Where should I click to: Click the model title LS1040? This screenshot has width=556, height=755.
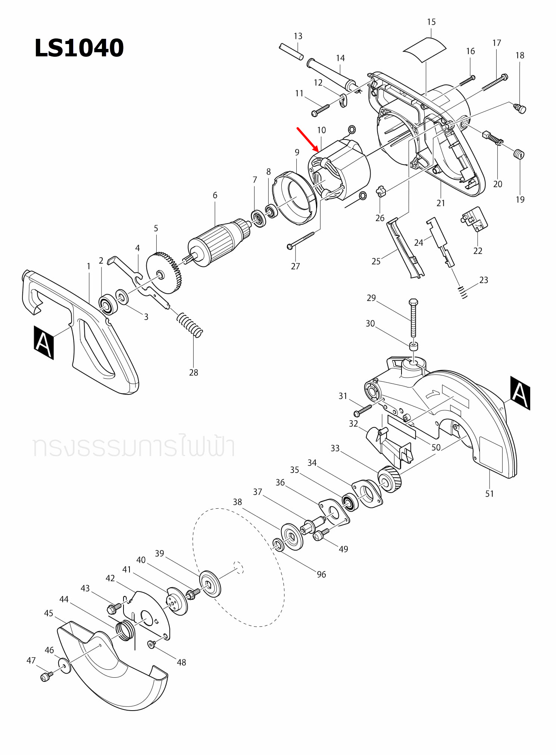point(79,48)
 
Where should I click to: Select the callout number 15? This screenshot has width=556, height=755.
point(431,22)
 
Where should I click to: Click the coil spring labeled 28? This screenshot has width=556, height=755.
point(190,324)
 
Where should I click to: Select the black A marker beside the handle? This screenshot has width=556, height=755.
point(44,343)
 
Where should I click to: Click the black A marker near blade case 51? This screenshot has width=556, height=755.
point(520,393)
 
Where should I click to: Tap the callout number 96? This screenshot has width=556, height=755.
point(321,574)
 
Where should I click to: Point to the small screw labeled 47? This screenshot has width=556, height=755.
point(45,677)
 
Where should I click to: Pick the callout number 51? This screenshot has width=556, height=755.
point(489,494)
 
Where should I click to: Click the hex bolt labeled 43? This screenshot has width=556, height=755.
point(112,609)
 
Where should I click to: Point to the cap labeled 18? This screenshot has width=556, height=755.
point(520,109)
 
